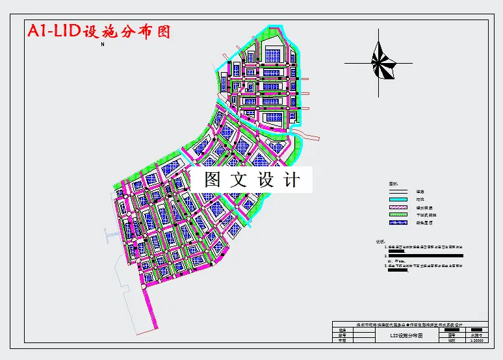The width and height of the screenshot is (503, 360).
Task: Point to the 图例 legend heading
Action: [x=393, y=184]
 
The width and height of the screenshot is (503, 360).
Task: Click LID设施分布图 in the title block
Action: [x=406, y=336]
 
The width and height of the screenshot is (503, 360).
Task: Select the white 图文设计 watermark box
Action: [x=251, y=179]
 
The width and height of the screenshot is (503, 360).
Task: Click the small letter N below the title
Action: [x=102, y=45]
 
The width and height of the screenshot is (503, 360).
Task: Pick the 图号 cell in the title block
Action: [x=452, y=334]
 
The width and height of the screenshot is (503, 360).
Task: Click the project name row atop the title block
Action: [x=409, y=324]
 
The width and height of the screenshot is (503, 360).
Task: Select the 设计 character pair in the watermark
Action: [x=279, y=179]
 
